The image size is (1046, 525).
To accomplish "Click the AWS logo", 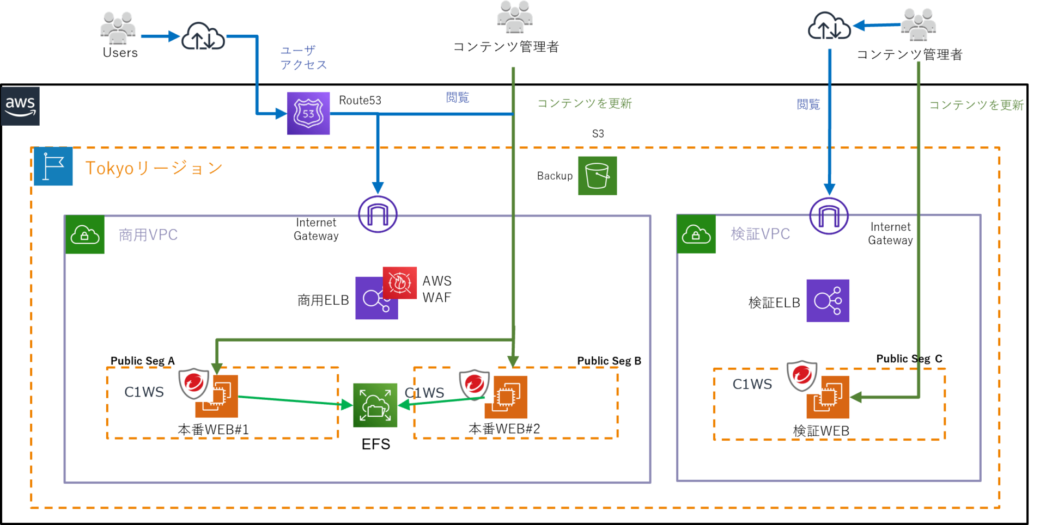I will tap(20, 106).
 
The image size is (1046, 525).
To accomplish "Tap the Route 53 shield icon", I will tap(308, 113).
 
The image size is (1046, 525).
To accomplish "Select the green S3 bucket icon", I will tap(597, 176).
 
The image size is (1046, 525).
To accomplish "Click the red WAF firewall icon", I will tap(400, 283).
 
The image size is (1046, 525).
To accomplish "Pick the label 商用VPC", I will tap(148, 235).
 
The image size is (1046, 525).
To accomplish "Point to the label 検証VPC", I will tap(760, 234).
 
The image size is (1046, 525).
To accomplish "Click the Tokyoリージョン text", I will tap(154, 168).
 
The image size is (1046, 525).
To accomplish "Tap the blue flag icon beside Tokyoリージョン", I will tap(53, 166).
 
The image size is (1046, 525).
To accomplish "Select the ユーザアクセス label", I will tap(303, 58).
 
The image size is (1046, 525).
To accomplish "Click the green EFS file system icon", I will tap(375, 405).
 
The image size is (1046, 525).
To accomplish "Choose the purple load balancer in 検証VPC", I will tap(828, 301).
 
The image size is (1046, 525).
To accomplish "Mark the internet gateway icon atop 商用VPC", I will tap(378, 214).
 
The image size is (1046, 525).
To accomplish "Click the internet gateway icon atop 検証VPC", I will tap(829, 216).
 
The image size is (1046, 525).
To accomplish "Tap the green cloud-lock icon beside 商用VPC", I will tap(85, 234).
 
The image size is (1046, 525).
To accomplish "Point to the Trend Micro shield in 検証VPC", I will tap(802, 375).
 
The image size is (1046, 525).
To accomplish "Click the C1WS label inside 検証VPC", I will tap(752, 385).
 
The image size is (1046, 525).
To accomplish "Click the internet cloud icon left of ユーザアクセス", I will tap(203, 36).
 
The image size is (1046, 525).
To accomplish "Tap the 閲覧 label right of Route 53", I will tap(458, 97).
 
